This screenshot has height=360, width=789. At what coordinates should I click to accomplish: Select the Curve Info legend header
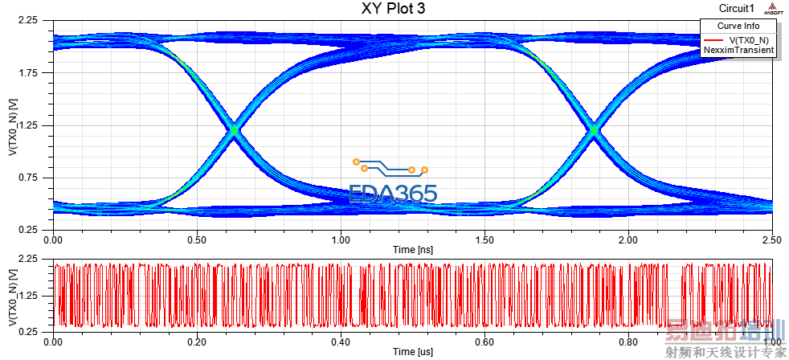[738, 26]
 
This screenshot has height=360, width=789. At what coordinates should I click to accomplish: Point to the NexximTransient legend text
[738, 50]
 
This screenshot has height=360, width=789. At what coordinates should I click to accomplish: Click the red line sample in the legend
[713, 39]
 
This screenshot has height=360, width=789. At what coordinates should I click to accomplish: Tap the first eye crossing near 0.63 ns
[234, 129]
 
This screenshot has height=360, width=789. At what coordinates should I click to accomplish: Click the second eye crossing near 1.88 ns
[594, 129]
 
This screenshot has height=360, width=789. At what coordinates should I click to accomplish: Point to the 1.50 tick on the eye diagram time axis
[484, 239]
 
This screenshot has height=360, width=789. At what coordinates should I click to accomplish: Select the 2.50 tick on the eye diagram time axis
[771, 239]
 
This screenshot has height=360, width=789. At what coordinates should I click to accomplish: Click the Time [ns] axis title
[412, 250]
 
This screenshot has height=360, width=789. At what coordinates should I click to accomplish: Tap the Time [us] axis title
[412, 352]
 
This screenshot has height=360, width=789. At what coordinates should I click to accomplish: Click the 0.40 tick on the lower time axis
[341, 341]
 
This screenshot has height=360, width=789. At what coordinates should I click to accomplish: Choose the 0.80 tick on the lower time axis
[628, 341]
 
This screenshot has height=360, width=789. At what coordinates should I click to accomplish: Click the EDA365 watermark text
[394, 194]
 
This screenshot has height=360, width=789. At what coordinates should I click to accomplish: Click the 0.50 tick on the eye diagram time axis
[197, 239]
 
